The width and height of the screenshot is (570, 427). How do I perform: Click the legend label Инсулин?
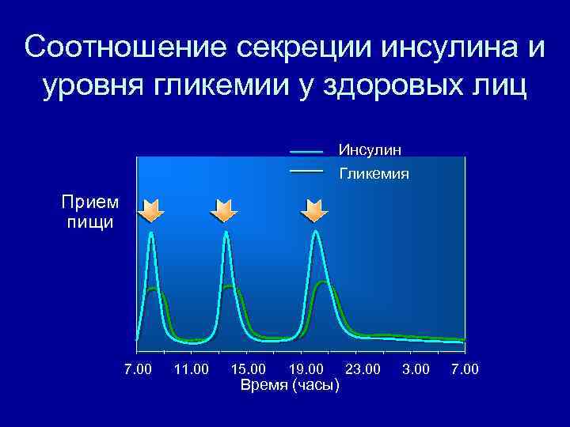(370, 149)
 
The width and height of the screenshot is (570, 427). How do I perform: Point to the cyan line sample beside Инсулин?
(307, 150)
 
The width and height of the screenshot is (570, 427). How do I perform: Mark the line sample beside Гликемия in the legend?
(307, 171)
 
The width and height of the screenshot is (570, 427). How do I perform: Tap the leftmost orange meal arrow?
(150, 210)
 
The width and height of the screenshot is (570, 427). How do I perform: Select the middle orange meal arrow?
(224, 210)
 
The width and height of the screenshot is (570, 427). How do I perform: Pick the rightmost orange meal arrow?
(314, 210)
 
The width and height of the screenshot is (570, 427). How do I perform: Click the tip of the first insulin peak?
(150, 232)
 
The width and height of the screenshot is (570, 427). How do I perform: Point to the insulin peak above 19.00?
(317, 232)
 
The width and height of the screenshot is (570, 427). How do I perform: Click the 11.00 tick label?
(190, 369)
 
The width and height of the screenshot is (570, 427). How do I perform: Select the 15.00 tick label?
(249, 369)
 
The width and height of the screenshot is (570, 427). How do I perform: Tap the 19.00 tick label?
(306, 369)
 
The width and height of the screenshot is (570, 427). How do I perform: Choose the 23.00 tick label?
(363, 369)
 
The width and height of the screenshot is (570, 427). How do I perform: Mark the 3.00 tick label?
(416, 369)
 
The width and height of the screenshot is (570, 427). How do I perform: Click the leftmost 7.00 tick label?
(138, 369)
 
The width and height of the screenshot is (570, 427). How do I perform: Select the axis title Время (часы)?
(290, 385)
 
